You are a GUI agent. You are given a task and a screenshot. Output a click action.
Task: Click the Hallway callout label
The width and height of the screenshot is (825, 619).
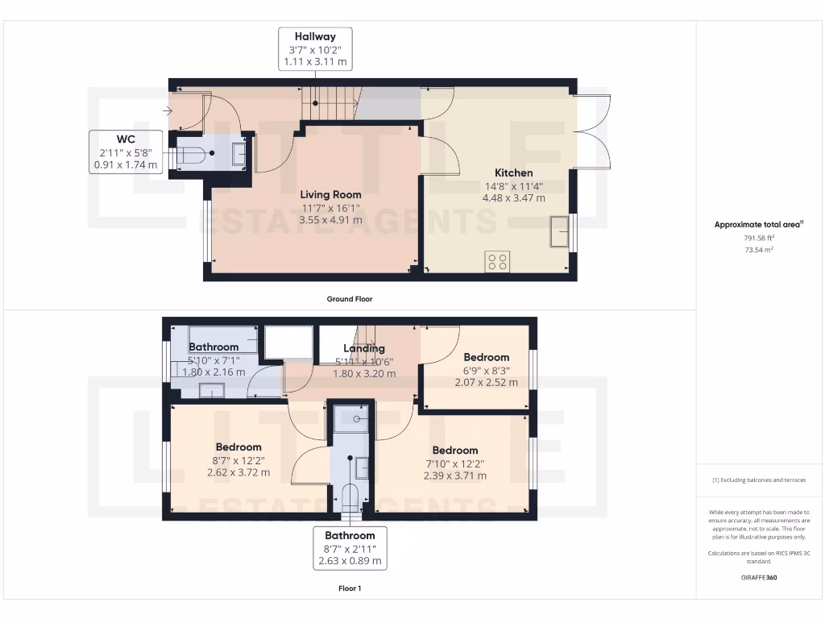coord(315,49)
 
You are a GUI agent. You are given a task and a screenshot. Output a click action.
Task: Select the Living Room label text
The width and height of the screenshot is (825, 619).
coord(330,194)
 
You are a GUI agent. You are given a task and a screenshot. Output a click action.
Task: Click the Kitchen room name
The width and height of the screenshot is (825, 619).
coord(513,172)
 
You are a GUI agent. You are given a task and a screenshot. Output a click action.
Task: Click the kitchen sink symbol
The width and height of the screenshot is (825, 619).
coord(559,232)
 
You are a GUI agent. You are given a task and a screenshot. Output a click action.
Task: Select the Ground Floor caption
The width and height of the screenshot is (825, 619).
coord(349,299)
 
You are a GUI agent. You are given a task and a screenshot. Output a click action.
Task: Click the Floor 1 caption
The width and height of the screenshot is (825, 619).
coord(349,589)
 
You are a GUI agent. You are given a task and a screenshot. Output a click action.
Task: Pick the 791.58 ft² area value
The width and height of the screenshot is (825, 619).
coord(760,239)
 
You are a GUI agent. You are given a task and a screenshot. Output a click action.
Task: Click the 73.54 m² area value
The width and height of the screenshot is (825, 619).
coord(760,251)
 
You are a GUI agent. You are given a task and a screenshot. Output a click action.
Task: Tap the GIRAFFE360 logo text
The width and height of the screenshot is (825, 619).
coord(760,578)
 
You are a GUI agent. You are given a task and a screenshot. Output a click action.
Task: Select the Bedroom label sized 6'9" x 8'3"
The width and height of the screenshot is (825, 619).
coord(486,357)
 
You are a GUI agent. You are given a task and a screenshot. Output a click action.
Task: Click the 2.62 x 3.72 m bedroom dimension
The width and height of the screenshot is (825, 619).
coord(238,473)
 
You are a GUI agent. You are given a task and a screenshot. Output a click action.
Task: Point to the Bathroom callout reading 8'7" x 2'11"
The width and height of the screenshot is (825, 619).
coord(350,548)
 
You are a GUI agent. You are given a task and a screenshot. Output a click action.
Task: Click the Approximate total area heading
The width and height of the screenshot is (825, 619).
coord(759,225)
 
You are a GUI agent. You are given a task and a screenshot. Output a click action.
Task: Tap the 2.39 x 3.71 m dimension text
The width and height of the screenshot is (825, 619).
coord(455,476)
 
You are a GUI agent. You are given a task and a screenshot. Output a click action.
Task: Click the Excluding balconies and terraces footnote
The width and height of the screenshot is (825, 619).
coord(760,480)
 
